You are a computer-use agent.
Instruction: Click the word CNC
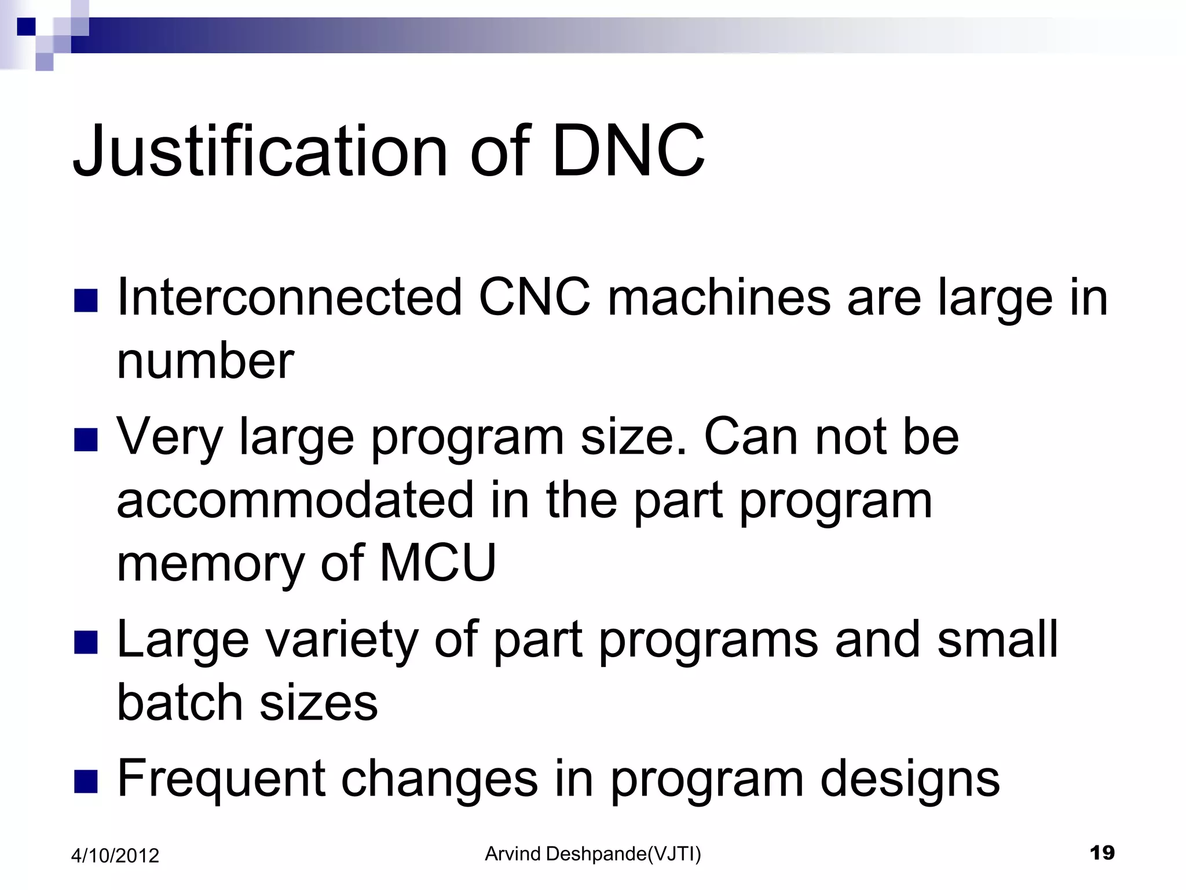point(535,297)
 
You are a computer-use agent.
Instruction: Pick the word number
point(206,361)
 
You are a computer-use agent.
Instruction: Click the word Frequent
point(221,779)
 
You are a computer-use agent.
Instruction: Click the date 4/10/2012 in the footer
point(115,856)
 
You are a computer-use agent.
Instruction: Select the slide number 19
point(1101,853)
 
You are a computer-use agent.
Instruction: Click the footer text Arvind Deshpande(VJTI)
point(593,854)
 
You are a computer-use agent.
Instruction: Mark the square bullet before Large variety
point(86,642)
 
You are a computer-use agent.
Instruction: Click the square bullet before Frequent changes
point(86,780)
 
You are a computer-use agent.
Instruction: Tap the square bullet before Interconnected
point(86,300)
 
